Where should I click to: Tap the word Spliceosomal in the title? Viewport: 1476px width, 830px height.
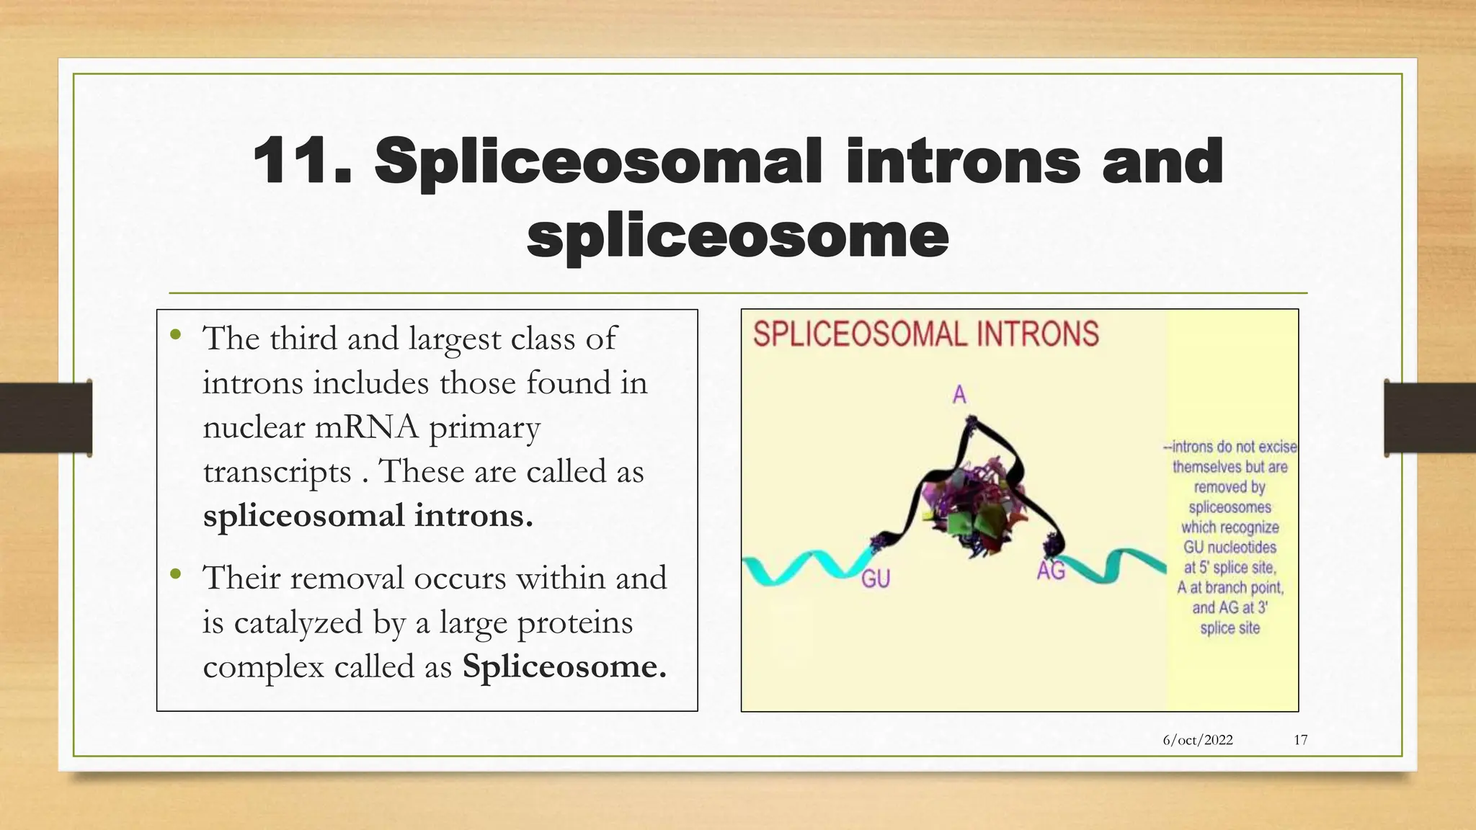click(x=597, y=163)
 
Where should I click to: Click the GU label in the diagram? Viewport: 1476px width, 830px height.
click(x=876, y=579)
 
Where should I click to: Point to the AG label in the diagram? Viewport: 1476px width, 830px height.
click(x=1051, y=571)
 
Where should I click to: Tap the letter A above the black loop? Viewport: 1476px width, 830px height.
click(x=959, y=395)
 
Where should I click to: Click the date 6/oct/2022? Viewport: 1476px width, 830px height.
click(x=1198, y=740)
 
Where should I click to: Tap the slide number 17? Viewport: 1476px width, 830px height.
click(x=1301, y=740)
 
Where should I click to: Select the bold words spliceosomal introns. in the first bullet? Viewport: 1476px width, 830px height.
click(x=368, y=516)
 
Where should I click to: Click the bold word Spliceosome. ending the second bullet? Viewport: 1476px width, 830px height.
click(x=564, y=666)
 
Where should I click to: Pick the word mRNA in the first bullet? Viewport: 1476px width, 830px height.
click(x=367, y=427)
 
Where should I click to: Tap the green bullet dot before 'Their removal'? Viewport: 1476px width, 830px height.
click(x=175, y=574)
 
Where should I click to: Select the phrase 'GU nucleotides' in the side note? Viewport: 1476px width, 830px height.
click(x=1230, y=548)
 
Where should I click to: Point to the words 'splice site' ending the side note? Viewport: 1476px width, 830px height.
click(x=1230, y=628)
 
